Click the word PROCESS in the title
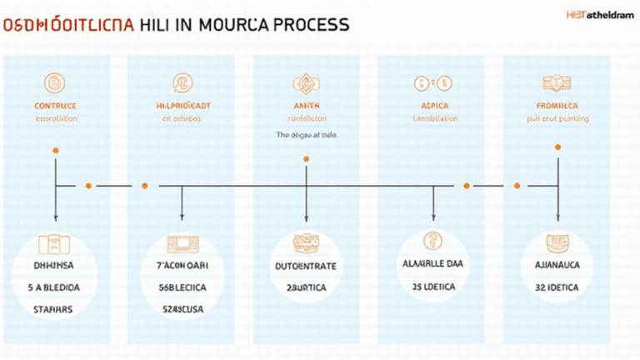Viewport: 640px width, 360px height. [306, 25]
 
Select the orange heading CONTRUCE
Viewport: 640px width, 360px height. [56, 106]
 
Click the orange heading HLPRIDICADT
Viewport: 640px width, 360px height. [182, 106]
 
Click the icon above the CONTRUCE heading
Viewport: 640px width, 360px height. [55, 82]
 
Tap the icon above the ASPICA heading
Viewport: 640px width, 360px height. [434, 82]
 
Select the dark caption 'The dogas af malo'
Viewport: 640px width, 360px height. [307, 134]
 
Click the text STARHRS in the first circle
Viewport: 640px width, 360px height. [56, 307]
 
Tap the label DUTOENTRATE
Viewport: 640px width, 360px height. [306, 267]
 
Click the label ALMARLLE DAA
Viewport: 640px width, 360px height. [433, 262]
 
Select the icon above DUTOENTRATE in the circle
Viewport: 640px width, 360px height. [306, 242]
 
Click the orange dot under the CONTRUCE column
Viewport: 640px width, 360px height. [55, 151]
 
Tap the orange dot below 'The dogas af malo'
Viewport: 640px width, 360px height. [306, 158]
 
